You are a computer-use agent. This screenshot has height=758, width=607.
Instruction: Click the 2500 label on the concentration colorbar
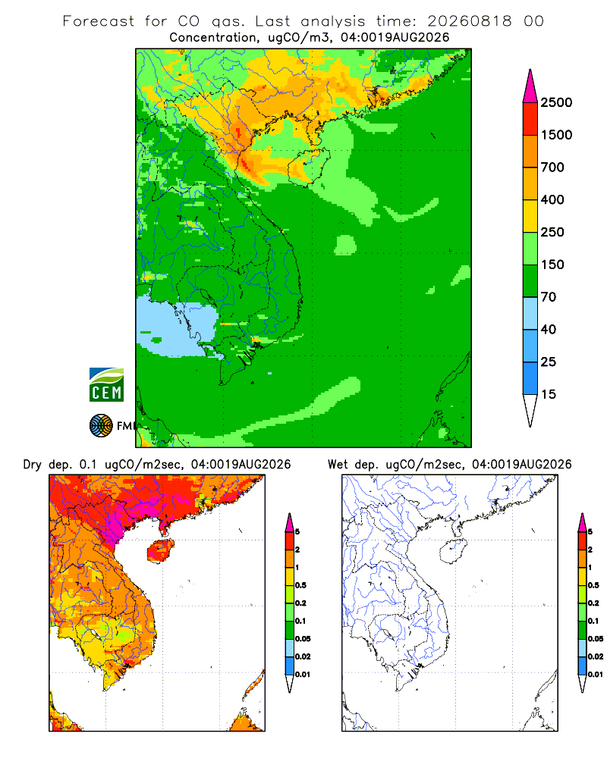(556, 102)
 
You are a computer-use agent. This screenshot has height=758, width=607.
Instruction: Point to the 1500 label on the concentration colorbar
(556, 135)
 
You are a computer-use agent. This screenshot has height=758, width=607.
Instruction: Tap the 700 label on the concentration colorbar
(552, 168)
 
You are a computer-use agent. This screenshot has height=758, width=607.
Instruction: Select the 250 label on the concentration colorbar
(552, 232)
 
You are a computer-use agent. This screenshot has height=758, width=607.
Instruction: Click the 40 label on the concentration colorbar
(549, 329)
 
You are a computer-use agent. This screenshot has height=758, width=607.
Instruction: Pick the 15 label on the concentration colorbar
(549, 394)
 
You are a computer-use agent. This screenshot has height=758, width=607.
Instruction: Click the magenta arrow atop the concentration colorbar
(530, 86)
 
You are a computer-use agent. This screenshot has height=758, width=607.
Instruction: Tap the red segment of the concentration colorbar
(530, 119)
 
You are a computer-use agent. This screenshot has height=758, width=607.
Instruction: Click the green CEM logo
(106, 385)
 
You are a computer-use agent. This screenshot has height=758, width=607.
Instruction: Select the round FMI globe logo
(101, 426)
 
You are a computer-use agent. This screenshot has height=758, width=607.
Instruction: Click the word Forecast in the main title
(99, 21)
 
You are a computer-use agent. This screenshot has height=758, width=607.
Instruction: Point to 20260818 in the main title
(470, 21)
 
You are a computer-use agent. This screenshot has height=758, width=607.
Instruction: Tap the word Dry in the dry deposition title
(33, 465)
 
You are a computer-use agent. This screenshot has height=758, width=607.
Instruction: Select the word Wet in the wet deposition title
(338, 465)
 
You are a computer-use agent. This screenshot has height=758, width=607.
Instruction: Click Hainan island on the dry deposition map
(161, 550)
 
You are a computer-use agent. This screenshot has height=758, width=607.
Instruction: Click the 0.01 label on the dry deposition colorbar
(303, 675)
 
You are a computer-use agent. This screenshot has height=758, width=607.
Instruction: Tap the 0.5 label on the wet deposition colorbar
(593, 585)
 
